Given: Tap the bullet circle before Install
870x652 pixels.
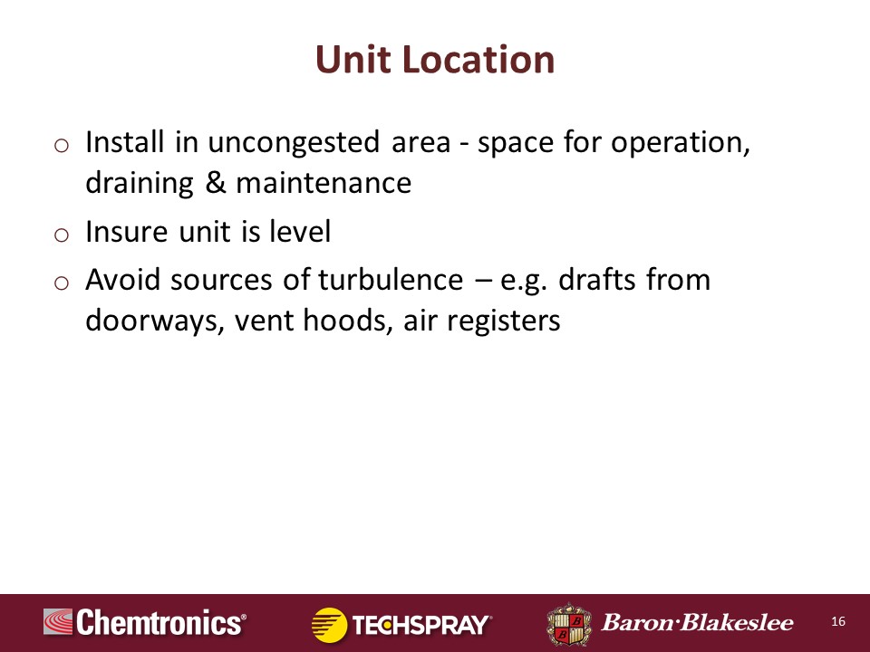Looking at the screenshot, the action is [x=62, y=146].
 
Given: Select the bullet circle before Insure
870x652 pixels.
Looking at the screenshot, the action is [x=62, y=235].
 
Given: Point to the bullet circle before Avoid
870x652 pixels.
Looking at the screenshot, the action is [x=62, y=283].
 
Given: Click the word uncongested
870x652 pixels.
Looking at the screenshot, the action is [x=294, y=143].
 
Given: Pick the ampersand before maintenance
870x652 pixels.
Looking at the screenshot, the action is [x=216, y=183].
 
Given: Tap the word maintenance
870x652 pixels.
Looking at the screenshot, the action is [x=324, y=183].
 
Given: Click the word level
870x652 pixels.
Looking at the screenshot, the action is [x=300, y=231].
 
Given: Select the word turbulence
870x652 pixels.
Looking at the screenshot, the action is [x=391, y=280].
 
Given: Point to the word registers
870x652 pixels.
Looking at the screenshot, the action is [x=504, y=321].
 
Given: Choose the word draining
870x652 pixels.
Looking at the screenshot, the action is [x=140, y=184].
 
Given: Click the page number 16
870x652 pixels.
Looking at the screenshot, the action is [x=838, y=621].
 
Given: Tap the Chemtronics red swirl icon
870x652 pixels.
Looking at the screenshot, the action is [x=58, y=621].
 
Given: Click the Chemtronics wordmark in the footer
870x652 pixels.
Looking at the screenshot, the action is [x=161, y=622].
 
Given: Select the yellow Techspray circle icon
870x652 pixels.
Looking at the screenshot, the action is [x=329, y=625].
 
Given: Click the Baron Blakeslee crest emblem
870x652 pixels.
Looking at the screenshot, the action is [x=568, y=624].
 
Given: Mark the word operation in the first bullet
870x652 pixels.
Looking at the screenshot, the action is [x=681, y=143].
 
